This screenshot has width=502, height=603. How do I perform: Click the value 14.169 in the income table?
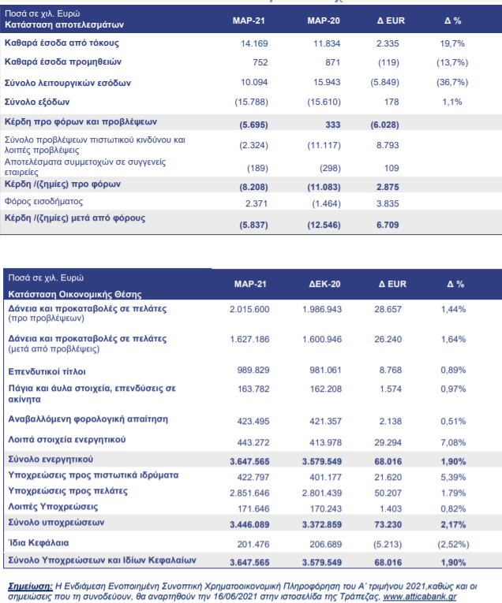click(x=254, y=43)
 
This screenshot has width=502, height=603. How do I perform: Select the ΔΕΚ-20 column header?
click(x=324, y=285)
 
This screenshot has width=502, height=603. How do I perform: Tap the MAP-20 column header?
click(x=324, y=20)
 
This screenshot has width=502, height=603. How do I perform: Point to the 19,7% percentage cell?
click(x=452, y=43)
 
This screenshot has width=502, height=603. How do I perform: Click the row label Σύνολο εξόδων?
click(x=37, y=102)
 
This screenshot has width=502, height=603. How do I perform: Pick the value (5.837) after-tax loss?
click(x=253, y=225)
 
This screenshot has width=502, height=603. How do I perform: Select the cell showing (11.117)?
click(x=324, y=145)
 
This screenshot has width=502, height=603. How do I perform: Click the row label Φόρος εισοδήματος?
click(x=43, y=202)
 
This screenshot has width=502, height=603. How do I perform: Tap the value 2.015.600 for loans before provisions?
click(x=249, y=309)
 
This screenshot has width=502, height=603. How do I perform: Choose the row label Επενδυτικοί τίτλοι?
click(x=47, y=371)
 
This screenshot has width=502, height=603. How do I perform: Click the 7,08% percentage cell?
click(x=453, y=443)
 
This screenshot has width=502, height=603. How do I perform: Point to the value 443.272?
click(x=253, y=443)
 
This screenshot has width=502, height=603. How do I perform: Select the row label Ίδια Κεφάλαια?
click(x=39, y=543)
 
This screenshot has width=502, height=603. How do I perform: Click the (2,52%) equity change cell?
click(x=453, y=545)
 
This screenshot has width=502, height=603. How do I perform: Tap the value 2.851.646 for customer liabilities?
click(x=249, y=493)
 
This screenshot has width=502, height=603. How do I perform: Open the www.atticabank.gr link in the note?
click(x=420, y=597)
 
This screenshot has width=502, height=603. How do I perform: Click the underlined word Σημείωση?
click(x=31, y=586)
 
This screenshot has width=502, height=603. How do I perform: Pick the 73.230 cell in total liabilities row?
click(x=388, y=524)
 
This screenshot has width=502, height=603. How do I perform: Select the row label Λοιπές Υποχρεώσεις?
click(x=53, y=507)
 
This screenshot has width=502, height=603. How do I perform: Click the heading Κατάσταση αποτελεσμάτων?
click(x=64, y=25)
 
